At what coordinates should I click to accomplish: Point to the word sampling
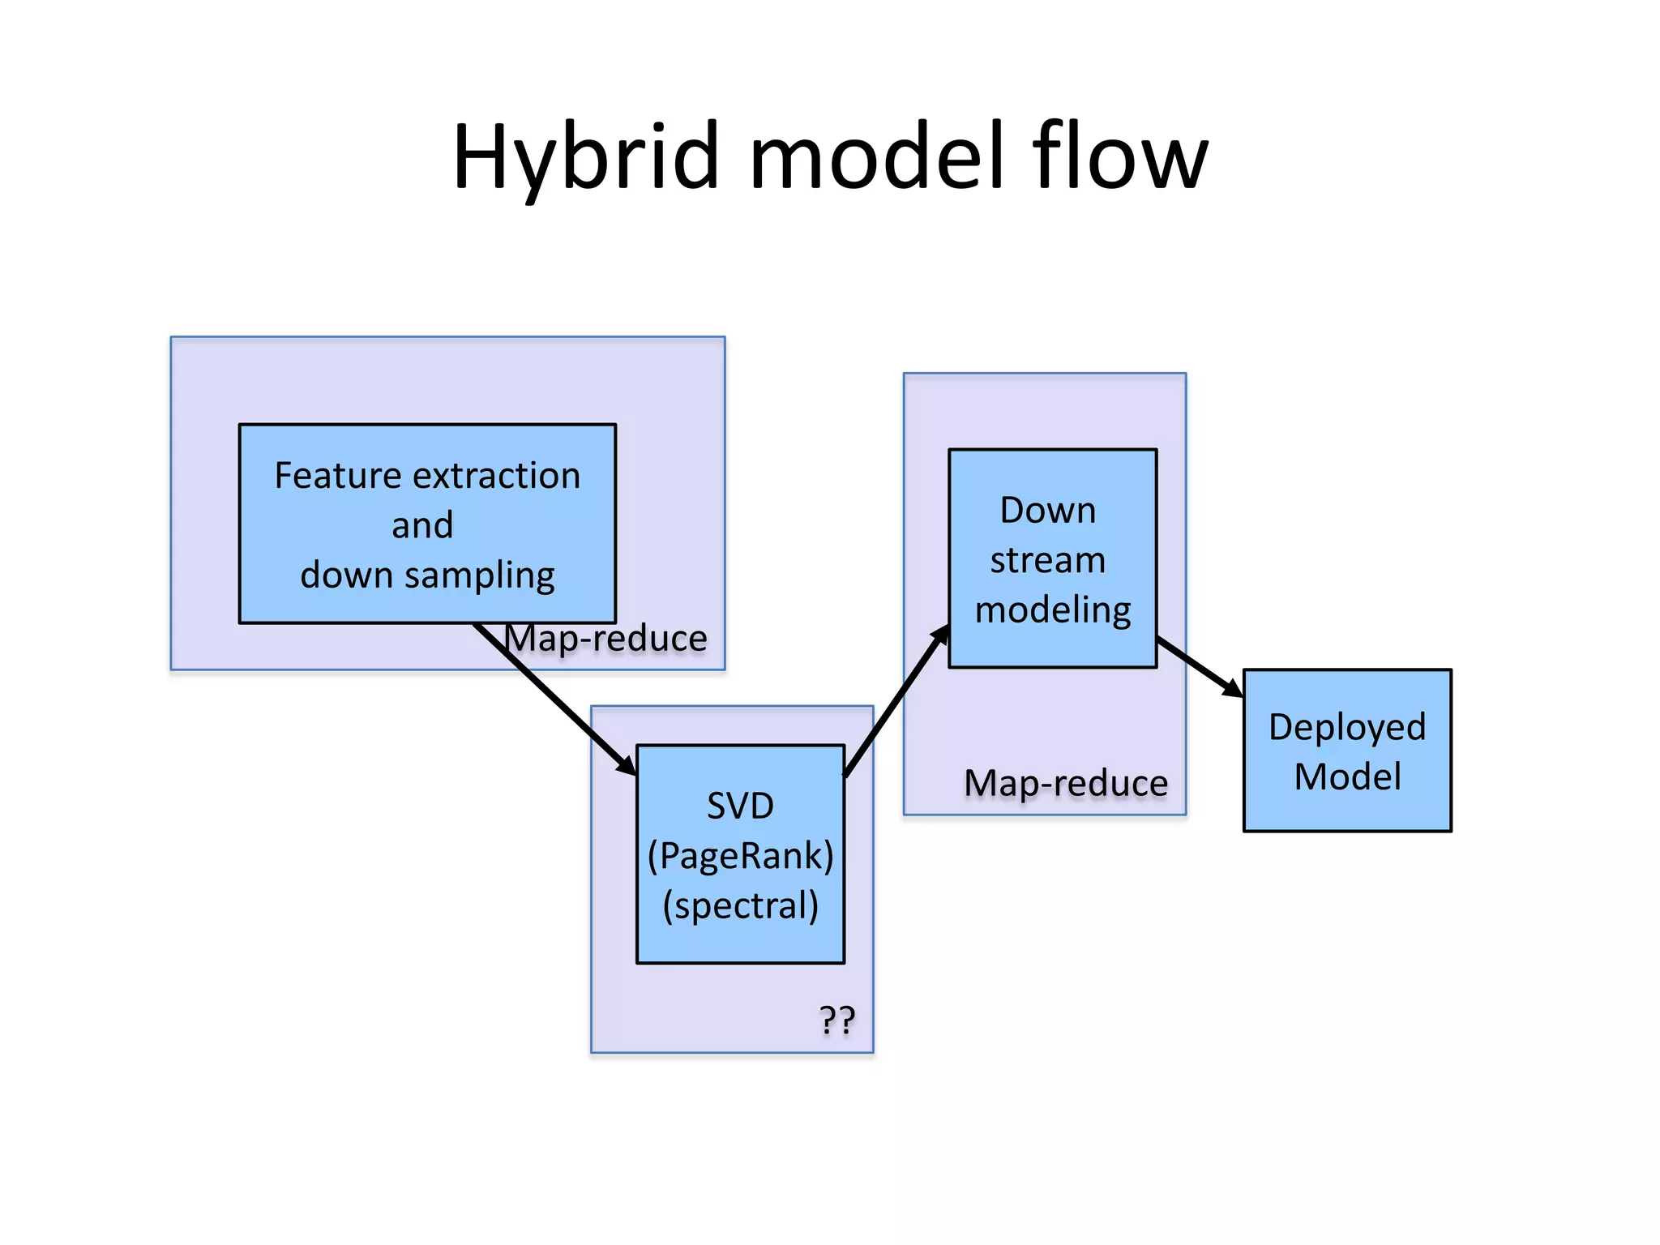point(479,576)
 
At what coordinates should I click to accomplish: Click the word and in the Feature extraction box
point(422,525)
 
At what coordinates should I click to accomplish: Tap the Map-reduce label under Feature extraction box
point(606,639)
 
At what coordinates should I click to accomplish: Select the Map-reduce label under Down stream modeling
point(1066,784)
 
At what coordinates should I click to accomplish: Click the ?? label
point(836,1020)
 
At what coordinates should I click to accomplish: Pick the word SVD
point(740,806)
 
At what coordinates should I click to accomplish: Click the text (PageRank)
point(740,856)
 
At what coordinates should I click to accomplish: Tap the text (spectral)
point(740,906)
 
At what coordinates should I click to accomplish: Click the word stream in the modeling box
point(1047,560)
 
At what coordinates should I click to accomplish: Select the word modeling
point(1052,610)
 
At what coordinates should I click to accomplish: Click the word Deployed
point(1346,727)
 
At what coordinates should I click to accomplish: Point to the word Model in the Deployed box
point(1347,777)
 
